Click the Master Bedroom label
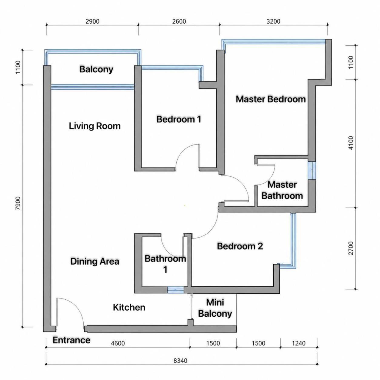[271, 99]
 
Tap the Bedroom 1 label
[179, 119]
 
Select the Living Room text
[95, 126]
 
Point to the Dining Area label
[95, 262]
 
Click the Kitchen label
[129, 308]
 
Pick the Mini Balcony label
[215, 308]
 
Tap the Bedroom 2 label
[240, 246]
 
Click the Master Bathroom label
[282, 191]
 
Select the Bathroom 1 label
[165, 264]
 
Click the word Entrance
[72, 340]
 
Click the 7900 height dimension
[18, 203]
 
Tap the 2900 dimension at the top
[92, 21]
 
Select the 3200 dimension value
[273, 21]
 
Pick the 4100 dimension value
[351, 143]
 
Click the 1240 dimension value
[298, 343]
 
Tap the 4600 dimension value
[118, 343]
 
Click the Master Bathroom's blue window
[312, 171]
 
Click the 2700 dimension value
[351, 248]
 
